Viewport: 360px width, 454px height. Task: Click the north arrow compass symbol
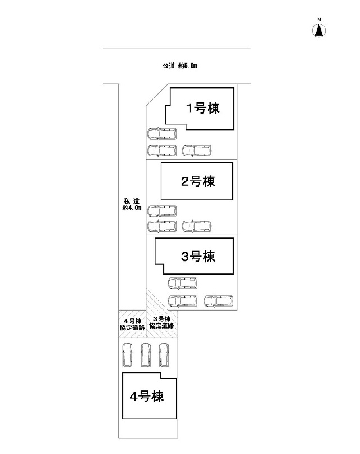[x=319, y=29]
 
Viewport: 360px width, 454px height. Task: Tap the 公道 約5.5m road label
[x=179, y=66]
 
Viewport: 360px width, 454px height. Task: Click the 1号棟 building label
[x=203, y=109]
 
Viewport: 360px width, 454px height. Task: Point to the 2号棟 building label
[x=198, y=181]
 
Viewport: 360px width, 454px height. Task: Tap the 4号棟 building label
[x=146, y=397]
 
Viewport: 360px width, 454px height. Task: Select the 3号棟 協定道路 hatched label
[x=162, y=322]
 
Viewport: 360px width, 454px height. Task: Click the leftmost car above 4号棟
[x=127, y=355]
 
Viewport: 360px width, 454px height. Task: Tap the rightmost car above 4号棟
[x=164, y=355]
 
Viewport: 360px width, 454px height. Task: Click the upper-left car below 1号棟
[x=162, y=134]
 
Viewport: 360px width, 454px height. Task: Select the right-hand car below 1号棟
[x=196, y=151]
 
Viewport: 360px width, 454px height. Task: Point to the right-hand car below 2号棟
[x=196, y=226]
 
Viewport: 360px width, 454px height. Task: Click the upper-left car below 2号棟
[x=162, y=211]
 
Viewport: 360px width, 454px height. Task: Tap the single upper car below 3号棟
[x=183, y=284]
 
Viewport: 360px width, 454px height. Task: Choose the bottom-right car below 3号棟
[x=218, y=300]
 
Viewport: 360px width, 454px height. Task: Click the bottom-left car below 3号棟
[x=183, y=300]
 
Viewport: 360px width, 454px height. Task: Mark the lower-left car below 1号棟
[x=162, y=151]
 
